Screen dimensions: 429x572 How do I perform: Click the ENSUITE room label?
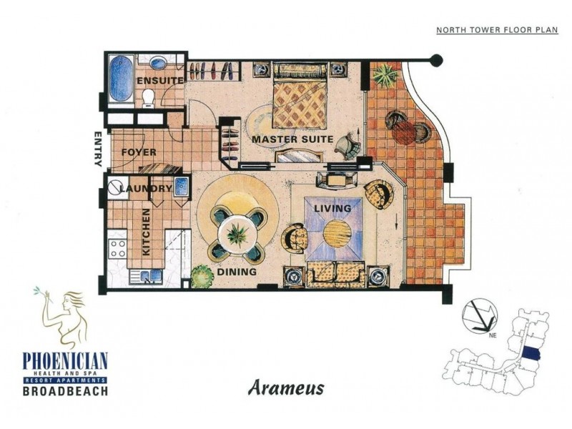160,81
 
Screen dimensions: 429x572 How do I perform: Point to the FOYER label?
139,152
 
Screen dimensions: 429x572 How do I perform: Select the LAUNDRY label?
146,189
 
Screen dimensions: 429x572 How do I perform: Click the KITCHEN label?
146,232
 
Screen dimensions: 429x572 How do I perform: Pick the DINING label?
237,272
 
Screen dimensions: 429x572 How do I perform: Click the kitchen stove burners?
117,247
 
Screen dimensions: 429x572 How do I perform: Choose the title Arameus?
286,388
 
